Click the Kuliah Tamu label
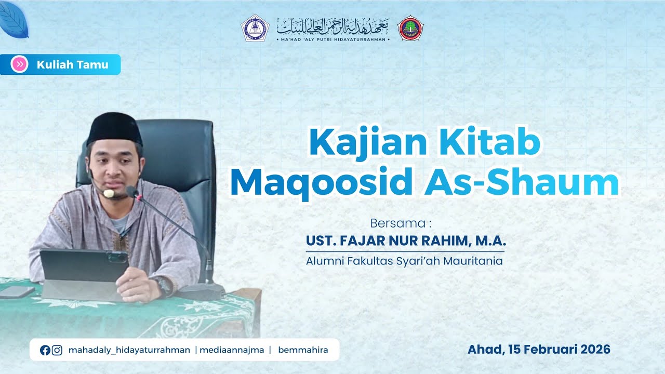click(x=72, y=65)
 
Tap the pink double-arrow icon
click(x=20, y=64)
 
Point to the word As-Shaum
click(x=522, y=182)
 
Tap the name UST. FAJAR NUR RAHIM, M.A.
click(x=406, y=242)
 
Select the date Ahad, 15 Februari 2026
click(x=539, y=349)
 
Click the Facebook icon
click(x=45, y=350)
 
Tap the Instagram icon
click(x=57, y=350)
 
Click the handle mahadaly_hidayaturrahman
click(x=129, y=350)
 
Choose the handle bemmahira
click(x=303, y=350)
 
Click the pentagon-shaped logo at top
click(x=255, y=28)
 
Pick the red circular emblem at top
click(x=410, y=28)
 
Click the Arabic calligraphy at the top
click(x=332, y=24)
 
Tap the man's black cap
click(x=114, y=129)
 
